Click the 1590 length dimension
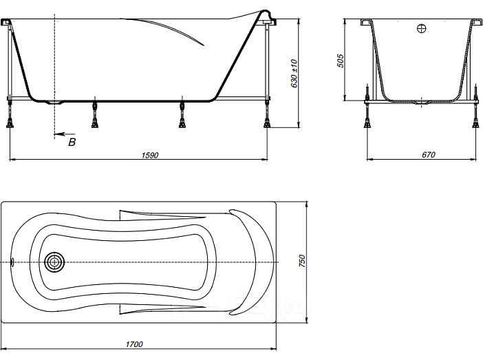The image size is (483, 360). point(150,155)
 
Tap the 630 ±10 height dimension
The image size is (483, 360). point(294,74)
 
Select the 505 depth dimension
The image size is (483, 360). point(340,61)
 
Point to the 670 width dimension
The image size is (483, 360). point(428,155)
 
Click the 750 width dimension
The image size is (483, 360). point(302,261)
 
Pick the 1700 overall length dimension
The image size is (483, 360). point(134,344)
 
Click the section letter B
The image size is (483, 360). point(72,142)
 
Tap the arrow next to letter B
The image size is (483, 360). point(65,134)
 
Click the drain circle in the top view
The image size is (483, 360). point(54,262)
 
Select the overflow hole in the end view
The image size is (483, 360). point(421,29)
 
